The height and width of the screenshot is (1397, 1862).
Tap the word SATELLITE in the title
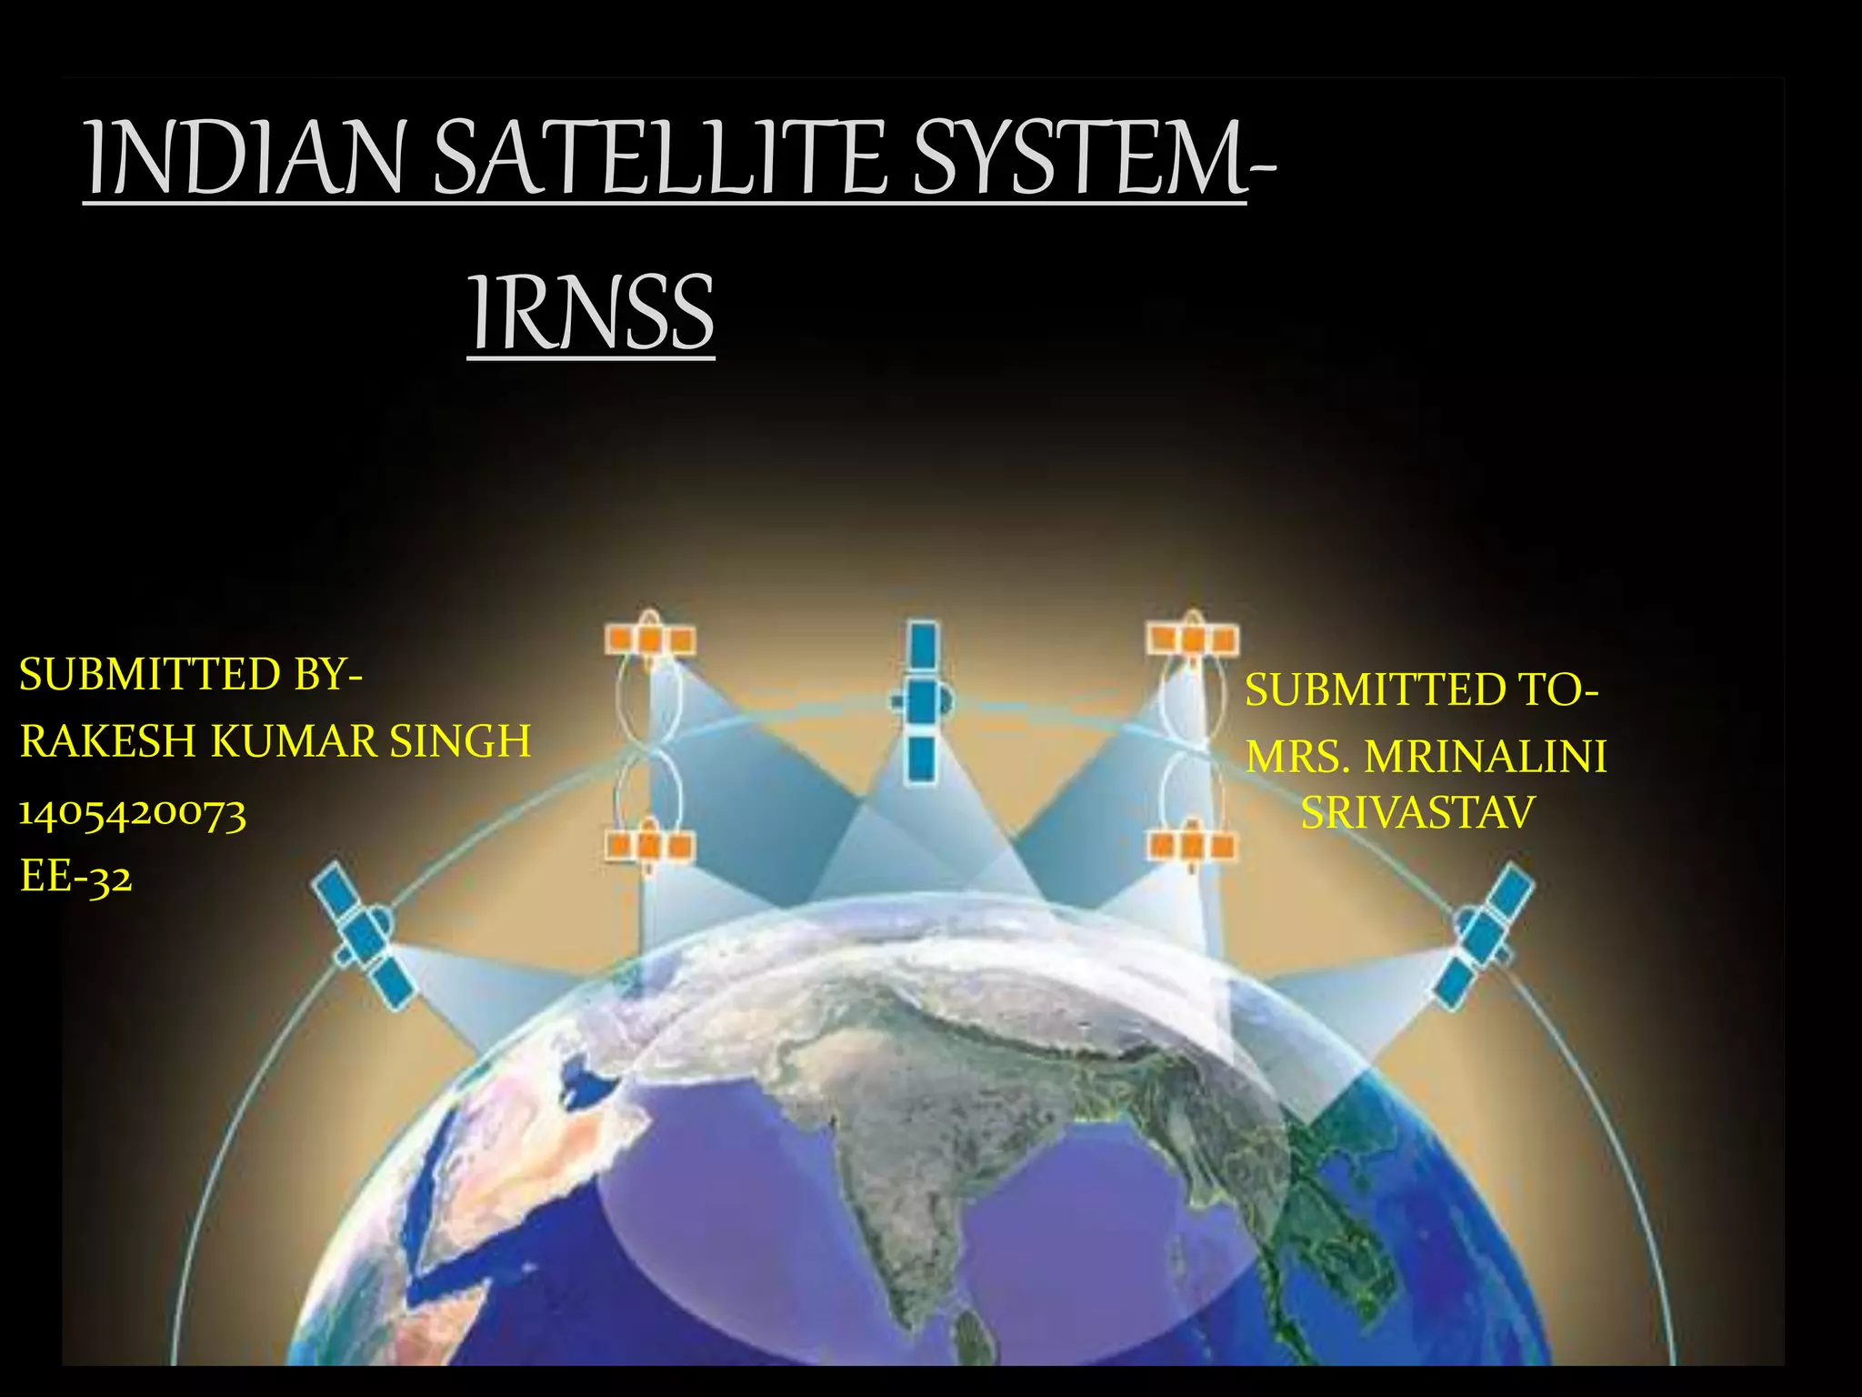(x=659, y=159)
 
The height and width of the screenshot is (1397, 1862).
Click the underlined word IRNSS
(x=591, y=314)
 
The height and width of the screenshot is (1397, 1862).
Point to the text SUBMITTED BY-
(x=191, y=675)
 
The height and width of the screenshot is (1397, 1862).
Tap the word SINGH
(x=460, y=741)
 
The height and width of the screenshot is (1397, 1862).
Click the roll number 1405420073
(x=133, y=812)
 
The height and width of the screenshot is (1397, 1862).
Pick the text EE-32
(x=76, y=878)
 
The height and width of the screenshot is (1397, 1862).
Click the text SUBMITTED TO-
(x=1421, y=689)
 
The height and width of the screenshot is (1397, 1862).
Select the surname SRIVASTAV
(x=1417, y=812)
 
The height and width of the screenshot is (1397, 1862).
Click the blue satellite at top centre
(x=923, y=702)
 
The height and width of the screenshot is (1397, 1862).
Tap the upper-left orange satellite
(x=650, y=638)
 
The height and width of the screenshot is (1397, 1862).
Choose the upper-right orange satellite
(x=1192, y=638)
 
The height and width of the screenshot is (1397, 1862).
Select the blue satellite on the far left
(x=363, y=935)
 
